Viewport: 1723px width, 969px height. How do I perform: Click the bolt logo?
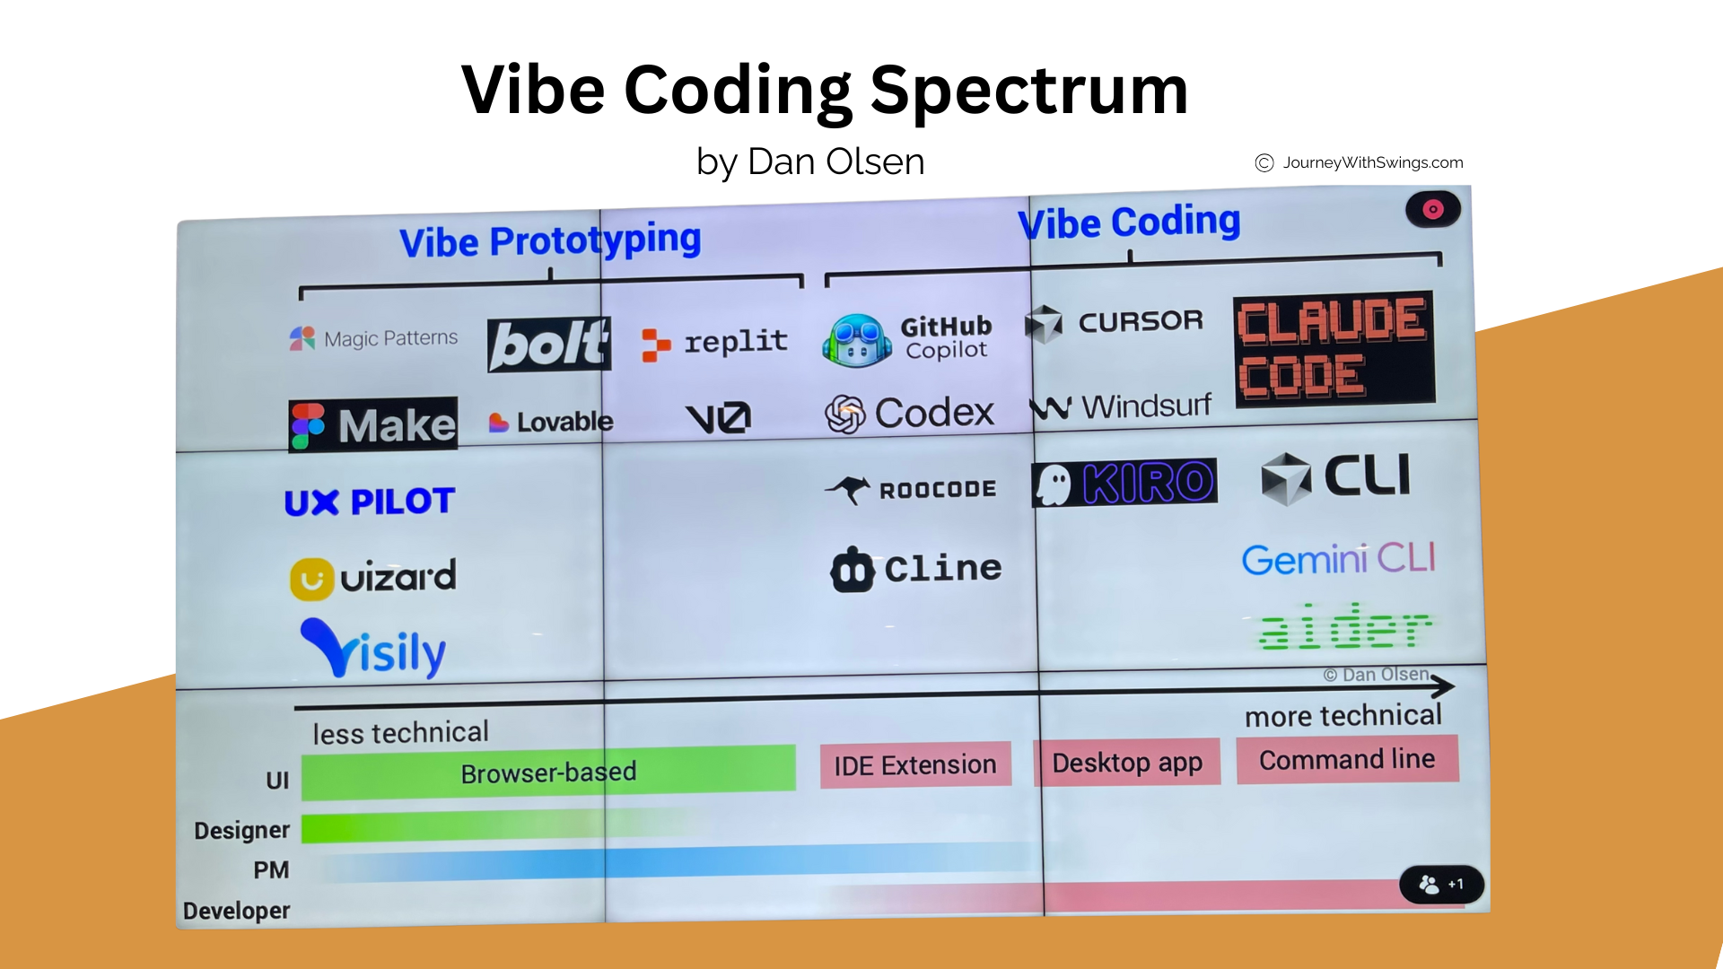coord(549,345)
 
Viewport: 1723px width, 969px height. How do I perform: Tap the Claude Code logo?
coord(1334,348)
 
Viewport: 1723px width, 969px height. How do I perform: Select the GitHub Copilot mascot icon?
coord(857,340)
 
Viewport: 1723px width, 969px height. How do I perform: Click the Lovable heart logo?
coord(498,422)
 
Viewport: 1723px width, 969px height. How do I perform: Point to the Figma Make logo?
coord(373,424)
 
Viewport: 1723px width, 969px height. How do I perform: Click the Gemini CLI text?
coord(1338,559)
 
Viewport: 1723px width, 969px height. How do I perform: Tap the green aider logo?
coord(1343,625)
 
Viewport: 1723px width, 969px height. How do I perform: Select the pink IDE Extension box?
coord(915,765)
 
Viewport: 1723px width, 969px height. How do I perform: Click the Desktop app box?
coord(1127,763)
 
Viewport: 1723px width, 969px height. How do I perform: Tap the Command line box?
coord(1347,760)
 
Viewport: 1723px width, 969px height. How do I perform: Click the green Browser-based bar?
coord(548,773)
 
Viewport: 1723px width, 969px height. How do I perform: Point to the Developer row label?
coord(236,911)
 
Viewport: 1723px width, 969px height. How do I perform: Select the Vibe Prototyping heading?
coord(550,240)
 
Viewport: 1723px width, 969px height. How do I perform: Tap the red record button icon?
coord(1433,209)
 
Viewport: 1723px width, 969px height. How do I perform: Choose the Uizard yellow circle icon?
coord(311,580)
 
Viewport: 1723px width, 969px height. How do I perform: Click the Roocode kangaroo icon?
coord(848,490)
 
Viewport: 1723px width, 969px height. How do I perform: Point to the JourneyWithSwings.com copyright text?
coord(1359,162)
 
